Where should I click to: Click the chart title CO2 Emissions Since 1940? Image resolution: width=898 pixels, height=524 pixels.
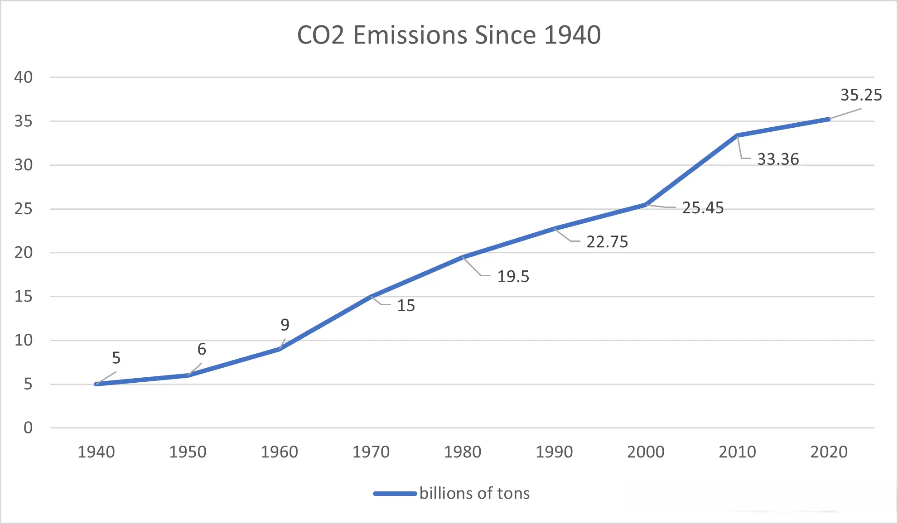pos(449,35)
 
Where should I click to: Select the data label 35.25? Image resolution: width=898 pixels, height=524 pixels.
pos(861,95)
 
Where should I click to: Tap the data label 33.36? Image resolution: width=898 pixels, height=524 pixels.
pos(778,159)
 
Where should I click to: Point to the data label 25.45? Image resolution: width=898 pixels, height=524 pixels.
pos(703,208)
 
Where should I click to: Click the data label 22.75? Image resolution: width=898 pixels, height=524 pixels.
pos(607,242)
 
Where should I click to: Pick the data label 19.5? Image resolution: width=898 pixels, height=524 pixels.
pos(513,276)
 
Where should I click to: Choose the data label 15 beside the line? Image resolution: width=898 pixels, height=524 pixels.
pos(406,306)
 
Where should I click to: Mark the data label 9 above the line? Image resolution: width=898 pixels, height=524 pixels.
pos(285,325)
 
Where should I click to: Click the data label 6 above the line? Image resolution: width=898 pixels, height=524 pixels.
pos(202,349)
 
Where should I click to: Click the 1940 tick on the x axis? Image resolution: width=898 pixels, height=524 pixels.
pos(96,452)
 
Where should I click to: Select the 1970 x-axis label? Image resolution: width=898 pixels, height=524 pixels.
pos(371,452)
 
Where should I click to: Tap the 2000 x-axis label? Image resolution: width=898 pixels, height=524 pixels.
pos(646,452)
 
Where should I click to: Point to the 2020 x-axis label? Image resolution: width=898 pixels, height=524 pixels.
pos(829,452)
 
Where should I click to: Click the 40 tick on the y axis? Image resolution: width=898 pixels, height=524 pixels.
pos(24,77)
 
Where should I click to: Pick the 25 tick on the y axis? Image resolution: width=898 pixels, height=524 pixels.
pos(24,209)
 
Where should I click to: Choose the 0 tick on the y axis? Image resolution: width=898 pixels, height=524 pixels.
pos(28,428)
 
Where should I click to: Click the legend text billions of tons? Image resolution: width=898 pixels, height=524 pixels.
pos(474,493)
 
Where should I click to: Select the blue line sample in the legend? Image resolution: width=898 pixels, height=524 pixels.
pos(395,494)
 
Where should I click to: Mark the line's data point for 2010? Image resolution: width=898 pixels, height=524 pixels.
pos(737,135)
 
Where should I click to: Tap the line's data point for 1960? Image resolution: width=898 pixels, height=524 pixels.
pos(280,349)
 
